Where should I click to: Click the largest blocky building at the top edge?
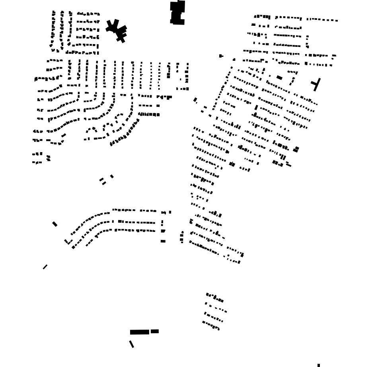pos(177,13)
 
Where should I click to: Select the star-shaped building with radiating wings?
pos(117,29)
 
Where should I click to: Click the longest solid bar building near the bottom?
pos(139,332)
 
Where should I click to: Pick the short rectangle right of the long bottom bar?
pos(155,331)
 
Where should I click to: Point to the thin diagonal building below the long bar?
pos(131,344)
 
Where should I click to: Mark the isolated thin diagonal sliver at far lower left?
pos(45,267)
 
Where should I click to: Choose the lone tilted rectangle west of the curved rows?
pos(55,224)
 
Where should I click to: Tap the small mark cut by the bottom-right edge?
pos(319,365)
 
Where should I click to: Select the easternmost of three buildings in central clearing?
pos(112,176)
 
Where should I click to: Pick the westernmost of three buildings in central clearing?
pos(101,180)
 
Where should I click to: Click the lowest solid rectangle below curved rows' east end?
pos(163,241)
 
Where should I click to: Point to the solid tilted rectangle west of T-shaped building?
pos(279,78)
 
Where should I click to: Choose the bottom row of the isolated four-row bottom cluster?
pos(211,326)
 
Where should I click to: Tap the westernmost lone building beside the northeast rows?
pos(221,56)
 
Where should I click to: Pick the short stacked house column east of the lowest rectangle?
pos(182,237)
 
